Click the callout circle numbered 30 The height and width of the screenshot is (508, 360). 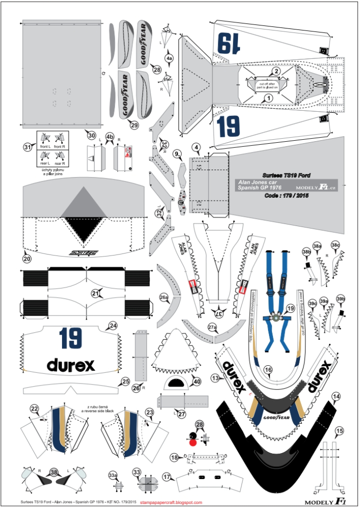(92, 136)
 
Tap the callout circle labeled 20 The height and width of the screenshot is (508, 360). (27, 258)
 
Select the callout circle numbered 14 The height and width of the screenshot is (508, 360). (336, 396)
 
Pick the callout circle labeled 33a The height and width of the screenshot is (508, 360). (113, 475)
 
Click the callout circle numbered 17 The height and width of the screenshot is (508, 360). (166, 477)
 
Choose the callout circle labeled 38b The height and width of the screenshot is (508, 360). (307, 251)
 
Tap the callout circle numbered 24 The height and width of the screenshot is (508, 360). (113, 326)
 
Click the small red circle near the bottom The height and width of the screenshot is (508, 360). (193, 442)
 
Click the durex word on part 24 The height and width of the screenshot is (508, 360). (71, 365)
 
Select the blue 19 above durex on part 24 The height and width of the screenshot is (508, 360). (71, 337)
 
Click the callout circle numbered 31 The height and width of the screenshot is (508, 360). (27, 146)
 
